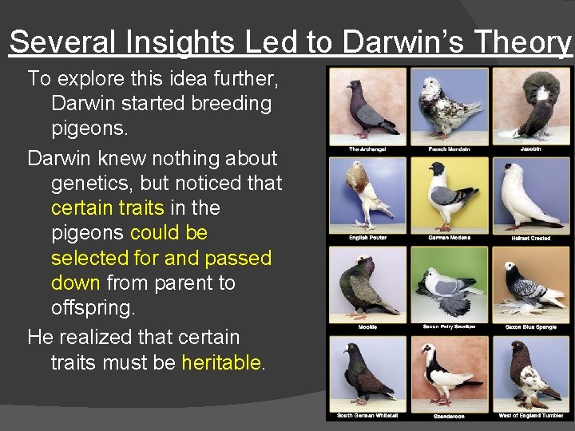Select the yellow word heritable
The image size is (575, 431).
221,362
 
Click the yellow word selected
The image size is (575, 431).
89,258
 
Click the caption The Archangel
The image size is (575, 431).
367,148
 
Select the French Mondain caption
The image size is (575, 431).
449,148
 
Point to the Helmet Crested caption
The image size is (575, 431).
531,238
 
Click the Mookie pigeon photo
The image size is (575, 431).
367,283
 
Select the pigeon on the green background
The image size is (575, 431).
449,284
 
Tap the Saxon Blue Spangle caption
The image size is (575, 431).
531,326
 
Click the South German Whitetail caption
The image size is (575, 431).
367,416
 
